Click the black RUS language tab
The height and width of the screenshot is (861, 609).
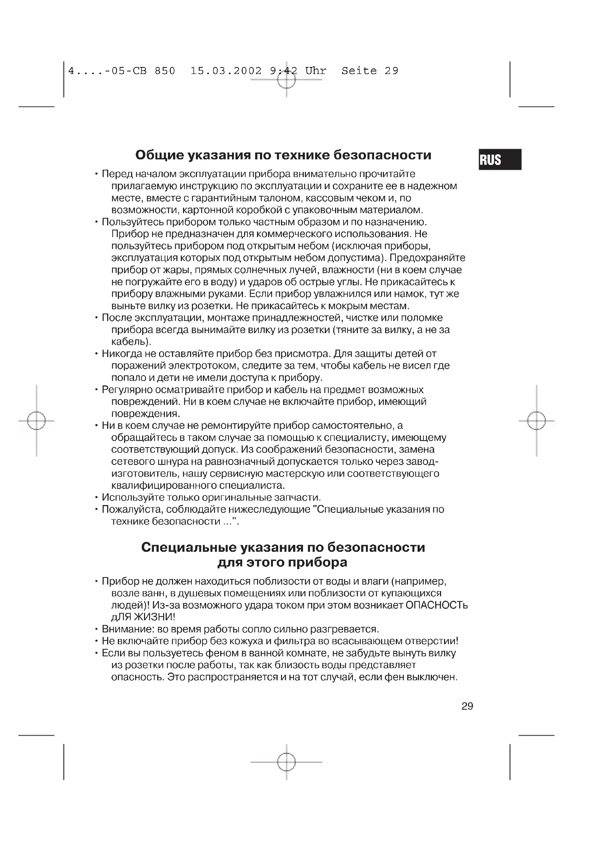pos(500,159)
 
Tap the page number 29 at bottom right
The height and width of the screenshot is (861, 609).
pos(467,706)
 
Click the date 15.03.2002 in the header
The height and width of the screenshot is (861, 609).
pos(226,71)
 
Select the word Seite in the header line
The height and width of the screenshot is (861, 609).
pos(359,71)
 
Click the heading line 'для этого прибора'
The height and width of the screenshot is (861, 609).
pos(283,562)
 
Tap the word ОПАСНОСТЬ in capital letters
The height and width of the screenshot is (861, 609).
pos(437,605)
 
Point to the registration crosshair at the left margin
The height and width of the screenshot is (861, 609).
pos(36,420)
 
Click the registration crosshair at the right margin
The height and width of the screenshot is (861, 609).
pos(536,420)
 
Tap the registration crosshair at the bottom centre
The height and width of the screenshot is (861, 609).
pos(286,762)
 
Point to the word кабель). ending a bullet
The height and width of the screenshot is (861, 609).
pos(131,342)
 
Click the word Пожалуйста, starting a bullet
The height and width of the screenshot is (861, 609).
pos(133,509)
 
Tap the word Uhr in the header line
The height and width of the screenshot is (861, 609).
pos(316,71)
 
